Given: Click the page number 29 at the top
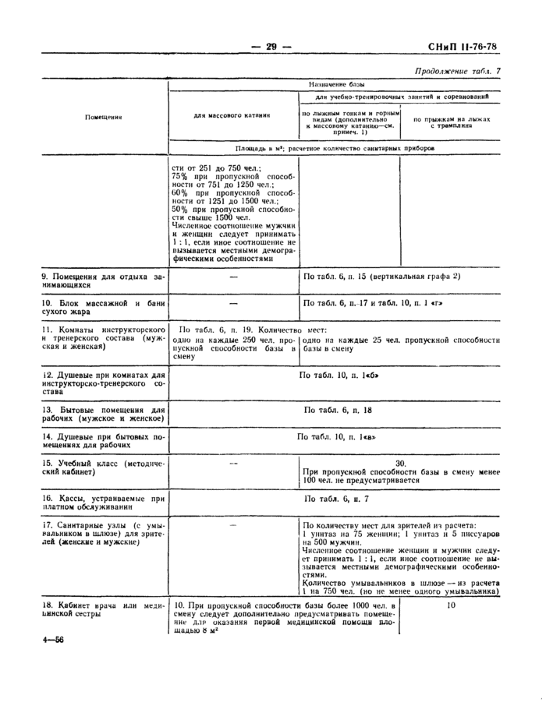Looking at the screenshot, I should (271, 47).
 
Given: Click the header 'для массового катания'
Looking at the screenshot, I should (232, 115).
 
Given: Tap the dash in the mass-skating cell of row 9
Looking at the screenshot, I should (232, 277).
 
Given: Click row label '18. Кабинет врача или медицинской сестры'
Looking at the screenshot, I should (103, 610).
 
